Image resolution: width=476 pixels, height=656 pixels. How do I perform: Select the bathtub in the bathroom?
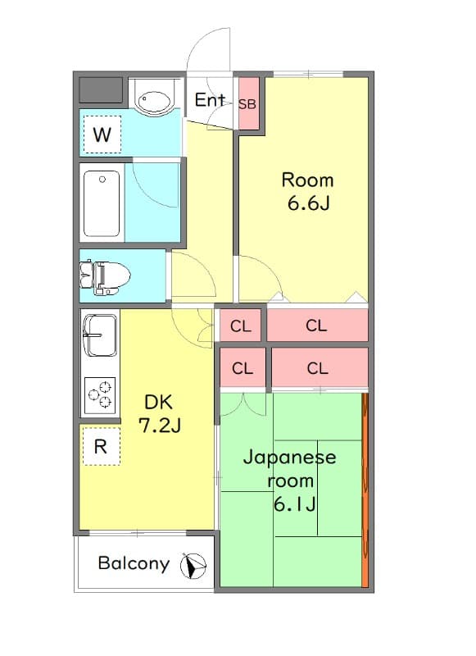102,203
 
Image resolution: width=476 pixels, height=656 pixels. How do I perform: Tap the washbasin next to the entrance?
153,101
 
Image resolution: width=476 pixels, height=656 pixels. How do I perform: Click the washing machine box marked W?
102,135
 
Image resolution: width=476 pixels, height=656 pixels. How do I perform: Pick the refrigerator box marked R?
101,446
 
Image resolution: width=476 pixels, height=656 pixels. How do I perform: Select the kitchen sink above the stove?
101,335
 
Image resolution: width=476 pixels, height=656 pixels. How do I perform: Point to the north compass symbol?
194,564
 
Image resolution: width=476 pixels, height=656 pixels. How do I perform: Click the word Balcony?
134,563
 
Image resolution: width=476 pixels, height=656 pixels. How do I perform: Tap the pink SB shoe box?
247,103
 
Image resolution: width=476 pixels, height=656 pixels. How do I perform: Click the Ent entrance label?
210,100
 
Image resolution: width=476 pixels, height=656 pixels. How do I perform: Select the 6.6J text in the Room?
308,203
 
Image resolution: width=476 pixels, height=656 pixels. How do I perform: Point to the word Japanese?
289,458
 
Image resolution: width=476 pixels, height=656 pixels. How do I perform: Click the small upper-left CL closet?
240,326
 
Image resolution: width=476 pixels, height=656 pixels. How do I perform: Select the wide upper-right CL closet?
316,326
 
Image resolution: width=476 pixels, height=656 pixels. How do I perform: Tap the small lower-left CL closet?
242,368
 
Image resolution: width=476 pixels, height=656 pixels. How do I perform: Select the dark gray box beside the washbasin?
101,89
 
